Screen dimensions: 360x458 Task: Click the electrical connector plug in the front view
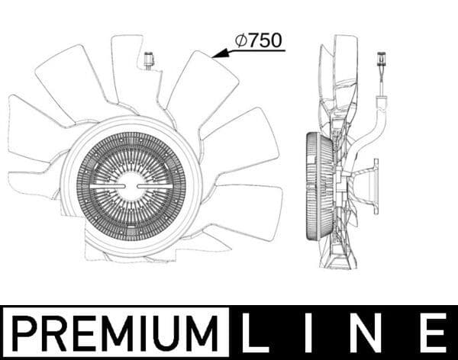pyautogui.click(x=147, y=59)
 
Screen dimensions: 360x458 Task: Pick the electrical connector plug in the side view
pyautogui.click(x=380, y=62)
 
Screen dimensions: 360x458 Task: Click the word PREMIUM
pyautogui.click(x=114, y=333)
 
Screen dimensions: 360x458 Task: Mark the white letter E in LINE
pyautogui.click(x=434, y=333)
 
